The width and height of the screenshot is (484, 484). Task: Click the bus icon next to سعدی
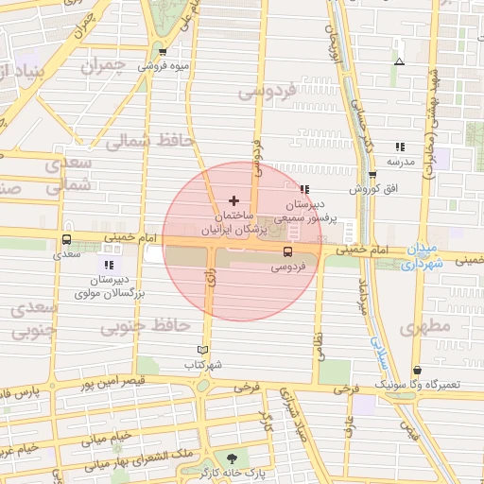point(66,240)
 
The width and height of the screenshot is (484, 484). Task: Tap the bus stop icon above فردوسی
point(286,251)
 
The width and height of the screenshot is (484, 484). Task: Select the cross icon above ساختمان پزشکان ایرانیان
point(234,200)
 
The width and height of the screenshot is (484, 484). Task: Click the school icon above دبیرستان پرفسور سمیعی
point(304,189)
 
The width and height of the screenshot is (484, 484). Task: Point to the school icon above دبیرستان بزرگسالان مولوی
point(109,266)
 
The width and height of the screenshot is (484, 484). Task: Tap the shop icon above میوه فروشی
point(164,52)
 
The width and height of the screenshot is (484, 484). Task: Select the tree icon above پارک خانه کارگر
point(232,458)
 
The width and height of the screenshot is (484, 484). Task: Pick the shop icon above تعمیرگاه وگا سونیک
point(417,370)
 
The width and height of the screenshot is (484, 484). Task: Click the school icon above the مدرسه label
point(400,147)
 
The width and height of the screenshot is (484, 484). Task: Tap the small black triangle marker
point(399,61)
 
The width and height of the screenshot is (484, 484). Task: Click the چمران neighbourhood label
point(102,67)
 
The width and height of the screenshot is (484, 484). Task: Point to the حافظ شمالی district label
point(149,142)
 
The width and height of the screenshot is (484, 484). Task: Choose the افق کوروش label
point(371,189)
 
